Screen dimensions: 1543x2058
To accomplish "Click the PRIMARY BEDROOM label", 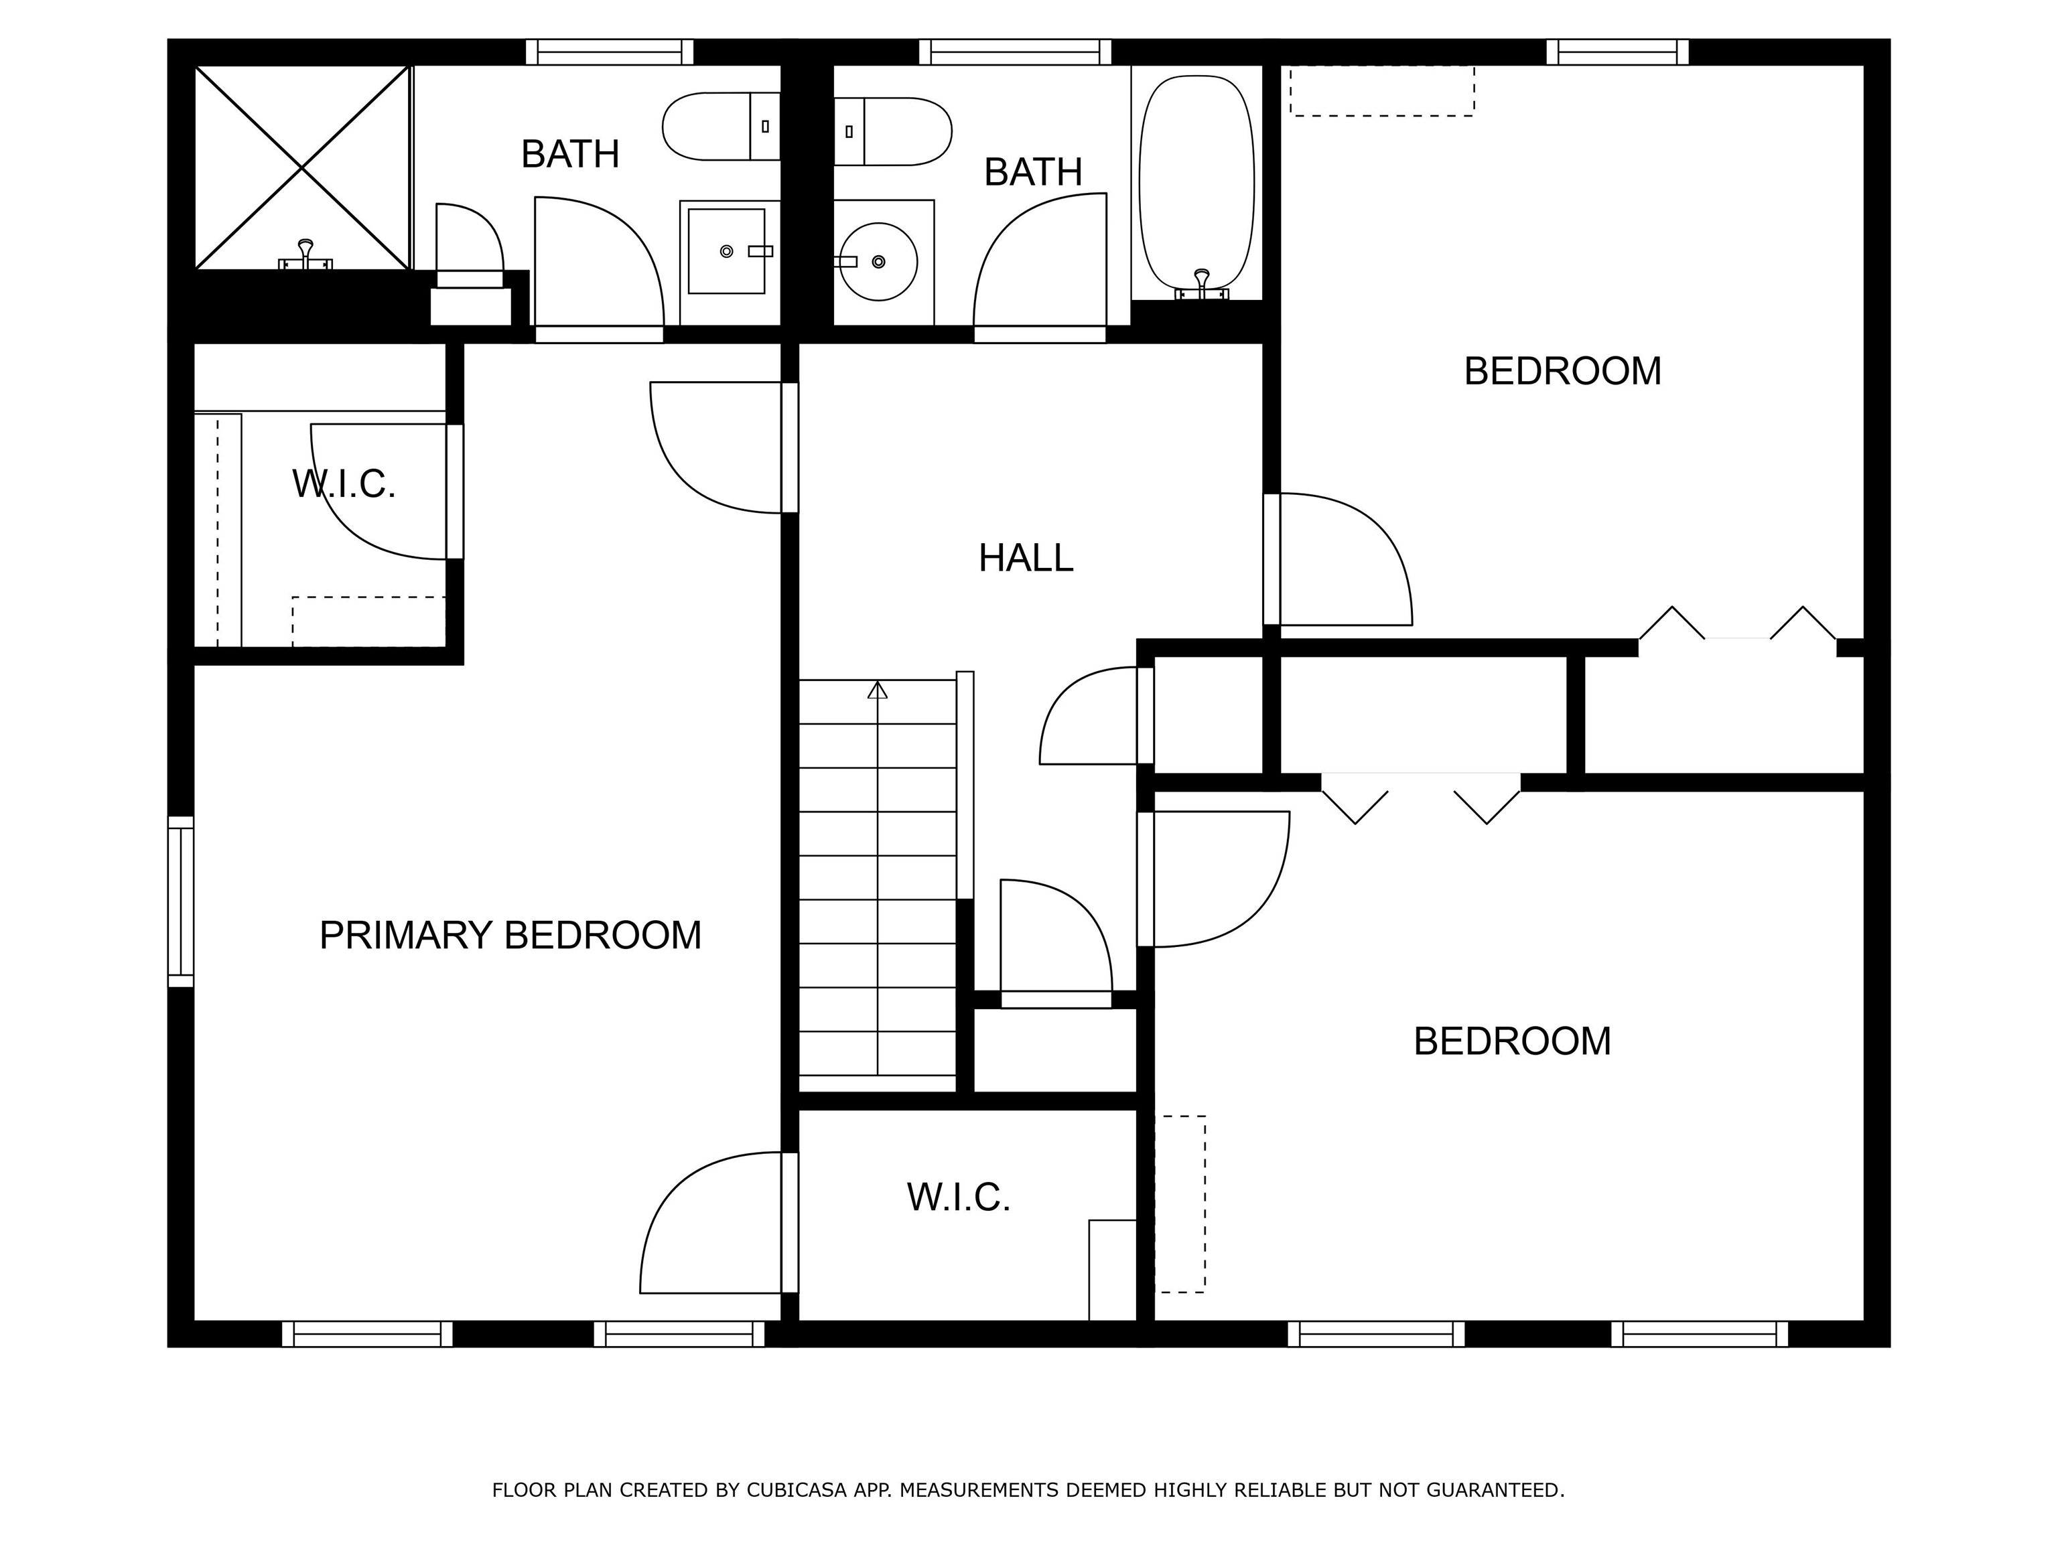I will [x=510, y=935].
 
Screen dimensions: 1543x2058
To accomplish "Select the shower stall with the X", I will [x=302, y=167].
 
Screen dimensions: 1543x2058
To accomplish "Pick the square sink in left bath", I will [x=727, y=251].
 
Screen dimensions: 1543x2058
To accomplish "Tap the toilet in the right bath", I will [x=893, y=131].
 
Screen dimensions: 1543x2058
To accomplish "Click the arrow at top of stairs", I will [x=878, y=690].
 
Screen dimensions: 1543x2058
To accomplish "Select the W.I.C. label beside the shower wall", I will [x=344, y=484].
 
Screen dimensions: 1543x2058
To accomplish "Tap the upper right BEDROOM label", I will [x=1562, y=371].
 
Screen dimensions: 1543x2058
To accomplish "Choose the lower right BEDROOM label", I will [x=1512, y=1041].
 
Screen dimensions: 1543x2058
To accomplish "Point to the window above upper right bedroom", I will [x=1617, y=52].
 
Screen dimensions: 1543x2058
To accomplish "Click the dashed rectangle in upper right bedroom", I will [x=1381, y=90].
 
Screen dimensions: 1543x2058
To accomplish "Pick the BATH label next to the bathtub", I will [x=1033, y=172].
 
